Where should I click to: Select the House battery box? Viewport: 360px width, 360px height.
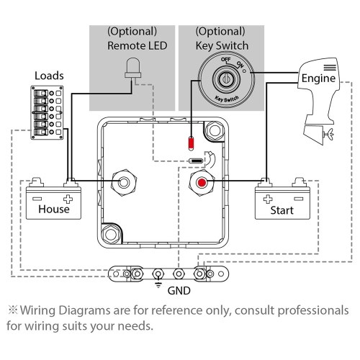pyautogui.click(x=52, y=202)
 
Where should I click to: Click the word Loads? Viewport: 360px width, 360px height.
pyautogui.click(x=50, y=75)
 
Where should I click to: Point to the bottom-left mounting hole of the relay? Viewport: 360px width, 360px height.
pyautogui.click(x=112, y=234)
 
